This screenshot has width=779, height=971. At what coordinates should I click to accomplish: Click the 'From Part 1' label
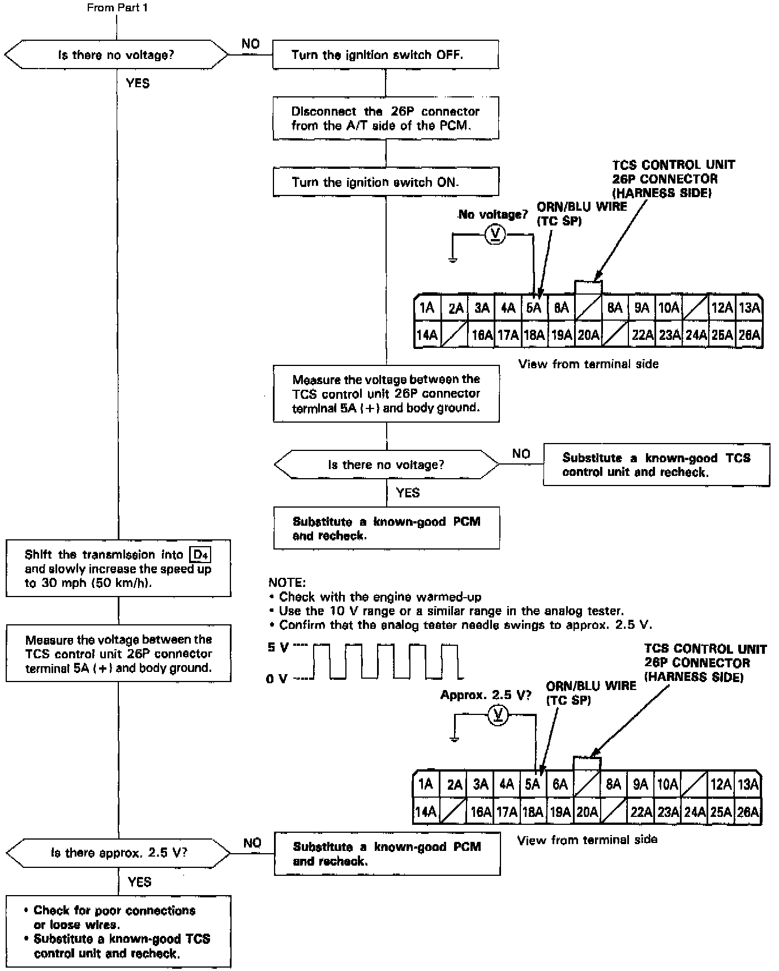point(117,8)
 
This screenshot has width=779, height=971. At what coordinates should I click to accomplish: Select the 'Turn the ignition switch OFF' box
point(386,54)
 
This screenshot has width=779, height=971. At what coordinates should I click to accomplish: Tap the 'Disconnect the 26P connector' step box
point(386,118)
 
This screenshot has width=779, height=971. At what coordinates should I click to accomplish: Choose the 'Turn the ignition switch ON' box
point(386,182)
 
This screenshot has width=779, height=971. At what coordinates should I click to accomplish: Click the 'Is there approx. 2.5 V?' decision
point(118,853)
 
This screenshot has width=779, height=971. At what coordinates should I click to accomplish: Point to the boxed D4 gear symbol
point(200,555)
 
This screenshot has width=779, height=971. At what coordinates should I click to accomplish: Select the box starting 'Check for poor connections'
point(118,931)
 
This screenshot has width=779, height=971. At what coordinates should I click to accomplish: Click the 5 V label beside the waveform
point(277,648)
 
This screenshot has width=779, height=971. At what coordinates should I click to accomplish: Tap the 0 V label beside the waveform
point(277,678)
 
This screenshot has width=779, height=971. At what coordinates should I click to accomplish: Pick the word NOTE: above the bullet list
point(286,582)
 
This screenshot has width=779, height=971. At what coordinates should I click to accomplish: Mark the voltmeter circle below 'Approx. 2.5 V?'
point(498,716)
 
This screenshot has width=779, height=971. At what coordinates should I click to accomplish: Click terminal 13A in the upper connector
point(750,308)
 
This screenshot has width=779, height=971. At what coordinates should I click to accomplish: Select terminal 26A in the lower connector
point(748,812)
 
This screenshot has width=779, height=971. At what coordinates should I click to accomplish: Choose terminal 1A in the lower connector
point(425,785)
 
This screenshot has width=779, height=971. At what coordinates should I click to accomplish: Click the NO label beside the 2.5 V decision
point(252,843)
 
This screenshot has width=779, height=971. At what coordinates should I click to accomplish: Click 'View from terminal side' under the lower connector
point(587,840)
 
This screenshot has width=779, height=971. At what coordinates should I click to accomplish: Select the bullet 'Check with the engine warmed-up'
point(380,597)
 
